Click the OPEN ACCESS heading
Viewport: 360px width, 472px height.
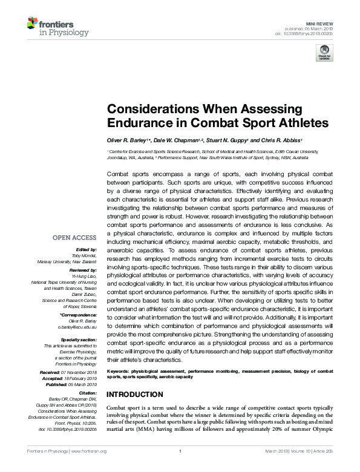tap(75, 237)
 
